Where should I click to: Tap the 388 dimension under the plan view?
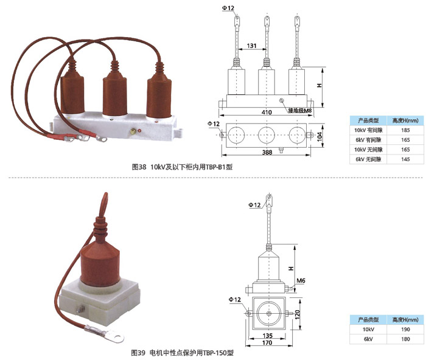coord(265,152)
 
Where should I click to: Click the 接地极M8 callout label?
coord(298,111)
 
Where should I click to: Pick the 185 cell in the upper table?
coord(399,130)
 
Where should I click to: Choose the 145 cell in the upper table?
coord(399,159)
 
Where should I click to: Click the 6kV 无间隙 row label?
coord(368,159)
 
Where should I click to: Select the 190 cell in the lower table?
coord(399,329)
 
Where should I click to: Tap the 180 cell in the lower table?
coord(399,338)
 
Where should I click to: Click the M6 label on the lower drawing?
coord(300,281)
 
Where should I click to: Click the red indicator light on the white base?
coord(139,130)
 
